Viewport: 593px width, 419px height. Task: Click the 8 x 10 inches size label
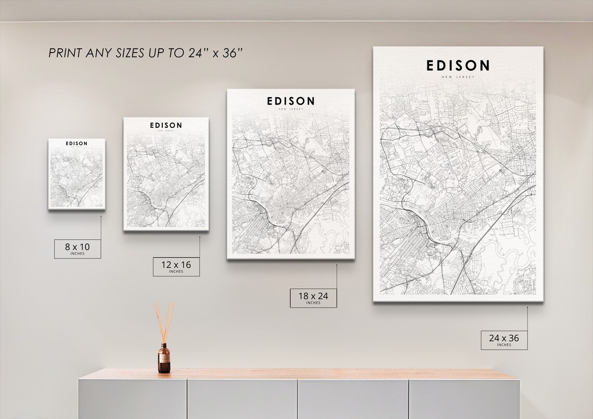point(78,248)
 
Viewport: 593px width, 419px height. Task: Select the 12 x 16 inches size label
point(176,266)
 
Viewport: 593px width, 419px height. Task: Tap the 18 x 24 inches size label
point(313,298)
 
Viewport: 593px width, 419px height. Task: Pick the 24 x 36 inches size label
point(504,340)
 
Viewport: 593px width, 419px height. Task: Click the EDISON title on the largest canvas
point(458,66)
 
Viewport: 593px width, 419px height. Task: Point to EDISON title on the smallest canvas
point(77,143)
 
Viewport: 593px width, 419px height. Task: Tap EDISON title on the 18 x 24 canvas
point(291,101)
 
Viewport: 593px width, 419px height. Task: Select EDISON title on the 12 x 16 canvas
point(166,125)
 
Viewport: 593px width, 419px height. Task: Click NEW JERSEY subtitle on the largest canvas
point(458,77)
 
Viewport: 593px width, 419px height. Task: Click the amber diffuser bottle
point(164,358)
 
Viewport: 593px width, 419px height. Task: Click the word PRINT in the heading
point(63,53)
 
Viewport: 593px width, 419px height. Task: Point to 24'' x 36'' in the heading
point(216,53)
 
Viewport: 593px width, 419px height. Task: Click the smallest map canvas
point(77,174)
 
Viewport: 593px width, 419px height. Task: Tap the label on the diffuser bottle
point(164,361)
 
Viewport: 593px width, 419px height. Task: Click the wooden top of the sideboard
point(299,374)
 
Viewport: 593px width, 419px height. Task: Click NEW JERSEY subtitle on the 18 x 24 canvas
point(291,109)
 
